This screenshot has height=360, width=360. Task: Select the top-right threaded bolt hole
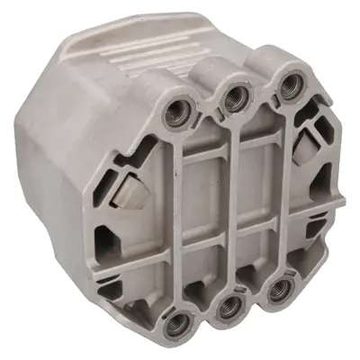[x=289, y=85]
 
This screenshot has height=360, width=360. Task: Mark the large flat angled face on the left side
[x=63, y=180]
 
